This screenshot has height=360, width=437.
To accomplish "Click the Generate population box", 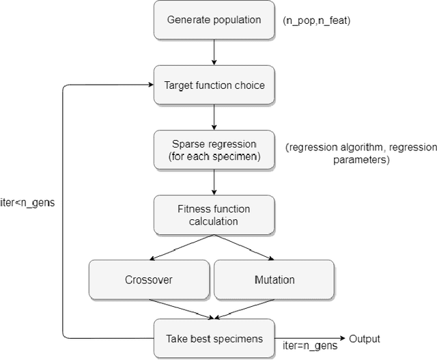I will point(214,19).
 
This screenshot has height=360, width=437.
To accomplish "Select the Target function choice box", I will point(214,85).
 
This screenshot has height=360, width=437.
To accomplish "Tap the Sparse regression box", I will point(214,149).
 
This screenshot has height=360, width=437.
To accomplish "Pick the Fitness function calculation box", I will point(214,214).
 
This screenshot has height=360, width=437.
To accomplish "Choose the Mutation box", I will point(274,279).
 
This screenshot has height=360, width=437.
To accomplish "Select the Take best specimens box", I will point(214,338).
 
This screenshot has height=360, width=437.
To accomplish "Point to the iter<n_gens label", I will point(29,204).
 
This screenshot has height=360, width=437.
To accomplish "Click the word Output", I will point(364,339).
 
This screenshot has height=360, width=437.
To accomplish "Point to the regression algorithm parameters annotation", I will point(361,154).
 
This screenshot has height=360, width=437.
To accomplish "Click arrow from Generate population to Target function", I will point(214,52).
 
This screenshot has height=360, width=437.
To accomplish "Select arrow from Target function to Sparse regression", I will point(214,117).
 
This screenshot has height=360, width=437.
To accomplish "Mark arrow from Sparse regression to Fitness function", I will point(214,182).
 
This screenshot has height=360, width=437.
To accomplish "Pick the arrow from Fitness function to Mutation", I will point(246,247).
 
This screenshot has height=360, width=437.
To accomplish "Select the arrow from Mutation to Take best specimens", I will point(246,309).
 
